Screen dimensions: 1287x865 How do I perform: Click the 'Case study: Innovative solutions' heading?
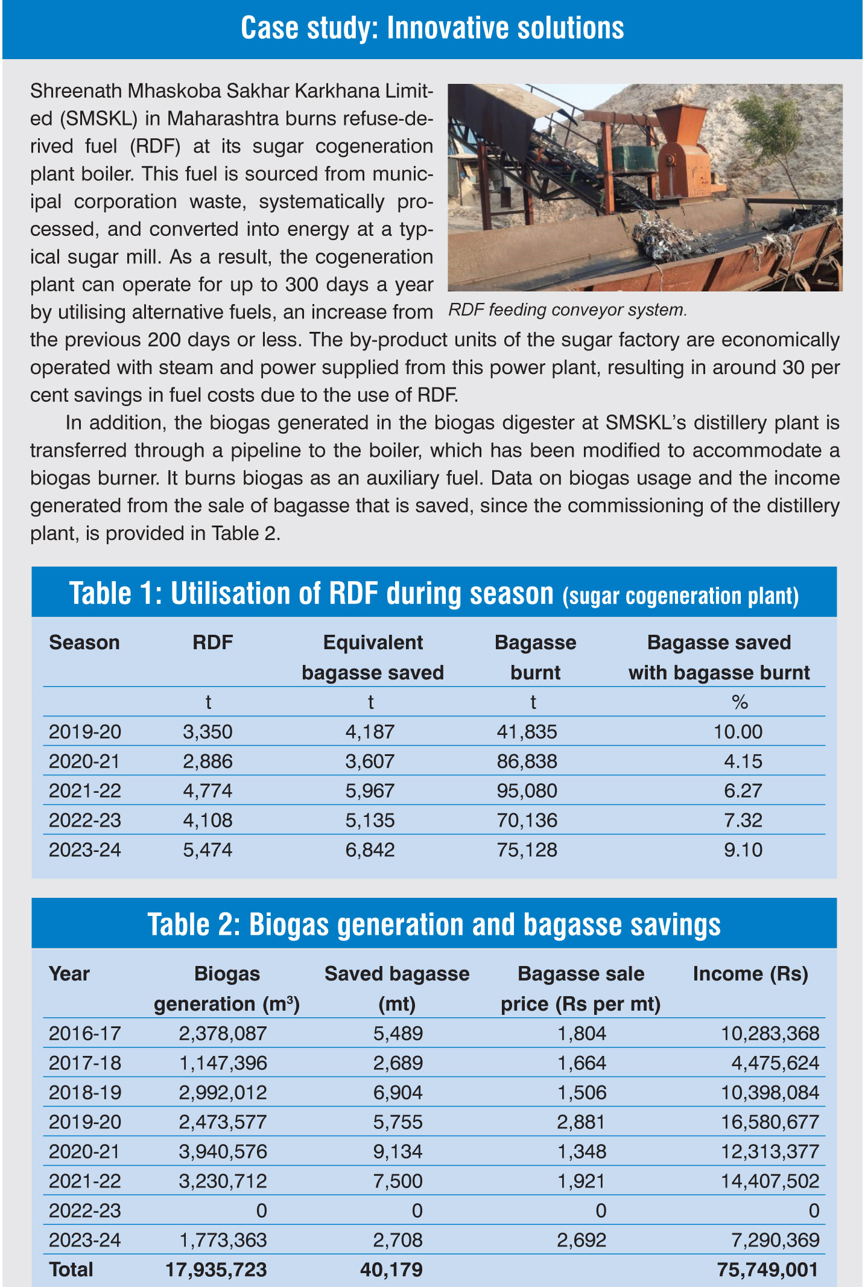[x=433, y=28]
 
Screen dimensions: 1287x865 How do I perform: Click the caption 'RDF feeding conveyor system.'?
[x=568, y=310]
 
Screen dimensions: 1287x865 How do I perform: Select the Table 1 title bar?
[x=434, y=593]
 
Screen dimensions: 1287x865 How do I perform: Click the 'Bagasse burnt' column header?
[x=535, y=657]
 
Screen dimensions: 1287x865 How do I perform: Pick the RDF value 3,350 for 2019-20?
[x=208, y=732]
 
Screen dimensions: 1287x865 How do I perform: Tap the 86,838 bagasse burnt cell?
[x=527, y=761]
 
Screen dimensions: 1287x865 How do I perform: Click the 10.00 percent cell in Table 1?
[x=738, y=732]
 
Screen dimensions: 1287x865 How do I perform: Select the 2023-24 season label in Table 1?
[x=85, y=850]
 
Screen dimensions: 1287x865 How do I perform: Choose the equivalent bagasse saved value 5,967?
[x=370, y=791]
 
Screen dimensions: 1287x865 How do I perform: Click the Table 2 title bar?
[x=434, y=924]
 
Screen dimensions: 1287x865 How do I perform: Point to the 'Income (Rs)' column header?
[x=750, y=974]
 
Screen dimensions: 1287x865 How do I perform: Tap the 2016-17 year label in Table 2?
[x=85, y=1034]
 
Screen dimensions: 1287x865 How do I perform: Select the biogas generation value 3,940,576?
[x=223, y=1151]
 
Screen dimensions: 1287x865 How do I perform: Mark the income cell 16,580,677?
[x=770, y=1122]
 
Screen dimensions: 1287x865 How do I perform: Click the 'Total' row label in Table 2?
[x=71, y=1270]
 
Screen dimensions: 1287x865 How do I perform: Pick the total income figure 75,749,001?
[x=767, y=1270]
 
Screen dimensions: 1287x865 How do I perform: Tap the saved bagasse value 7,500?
[x=398, y=1181]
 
